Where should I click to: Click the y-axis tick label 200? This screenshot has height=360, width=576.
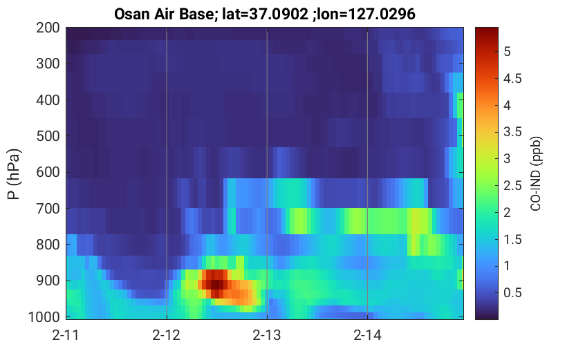point(48,28)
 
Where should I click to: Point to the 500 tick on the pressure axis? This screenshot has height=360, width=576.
point(48,136)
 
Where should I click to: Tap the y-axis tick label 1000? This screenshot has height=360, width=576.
point(44,316)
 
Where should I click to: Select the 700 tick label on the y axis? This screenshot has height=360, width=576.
point(48,209)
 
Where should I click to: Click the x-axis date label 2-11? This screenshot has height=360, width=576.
point(66,335)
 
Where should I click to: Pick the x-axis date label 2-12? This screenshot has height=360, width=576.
point(167,335)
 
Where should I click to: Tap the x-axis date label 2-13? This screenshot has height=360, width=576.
point(267,335)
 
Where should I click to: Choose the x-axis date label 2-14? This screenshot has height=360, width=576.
point(367,335)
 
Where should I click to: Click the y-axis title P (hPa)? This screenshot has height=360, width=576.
point(14,174)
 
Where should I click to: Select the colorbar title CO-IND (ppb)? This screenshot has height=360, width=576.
point(536,173)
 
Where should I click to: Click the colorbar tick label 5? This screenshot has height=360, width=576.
point(507,52)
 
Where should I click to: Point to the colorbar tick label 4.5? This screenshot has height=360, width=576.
point(512,79)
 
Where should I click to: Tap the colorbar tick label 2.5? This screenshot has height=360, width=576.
point(512,186)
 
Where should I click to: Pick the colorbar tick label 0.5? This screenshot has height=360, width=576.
point(512,293)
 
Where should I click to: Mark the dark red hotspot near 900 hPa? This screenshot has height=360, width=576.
point(216,284)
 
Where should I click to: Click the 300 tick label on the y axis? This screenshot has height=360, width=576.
point(48,64)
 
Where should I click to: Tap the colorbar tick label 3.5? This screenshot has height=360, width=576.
point(512,132)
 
